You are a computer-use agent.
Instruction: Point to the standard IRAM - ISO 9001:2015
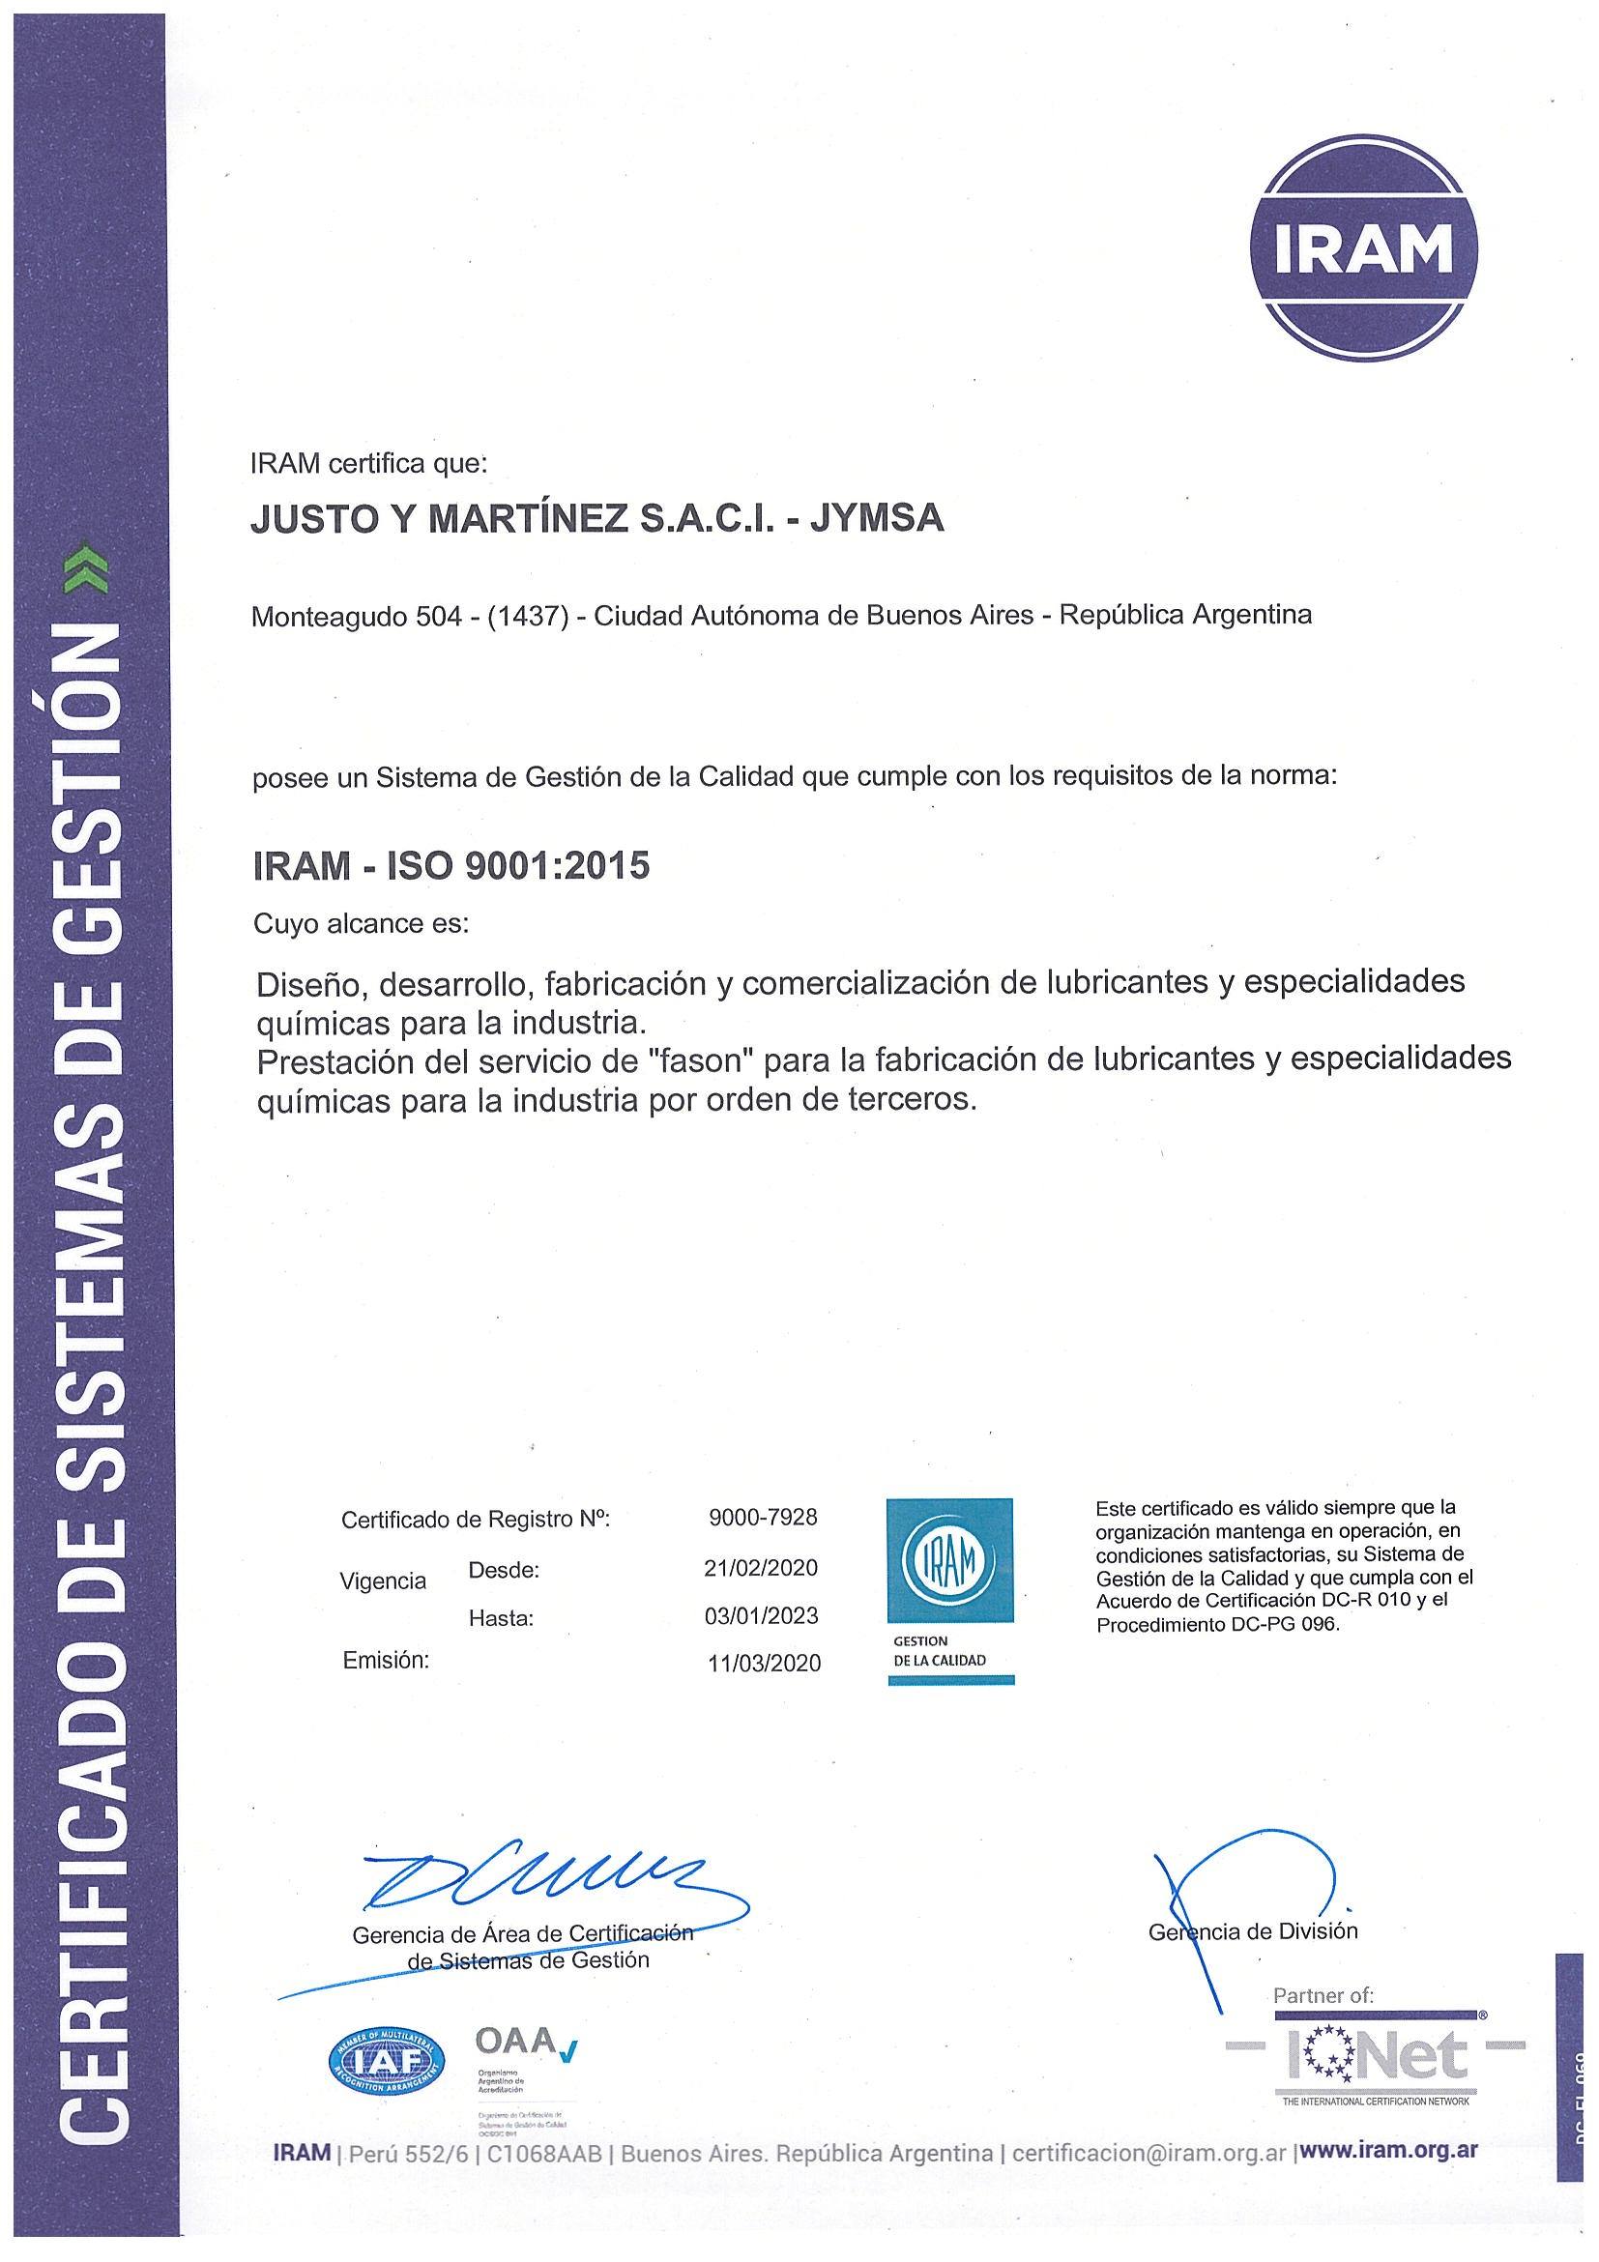pos(451,866)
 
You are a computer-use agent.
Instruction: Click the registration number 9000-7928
pos(763,1518)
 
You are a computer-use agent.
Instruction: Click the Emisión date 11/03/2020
pos(764,1663)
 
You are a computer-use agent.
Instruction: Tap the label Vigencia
pos(383,1581)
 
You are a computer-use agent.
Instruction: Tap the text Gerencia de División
pos(1253,1931)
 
